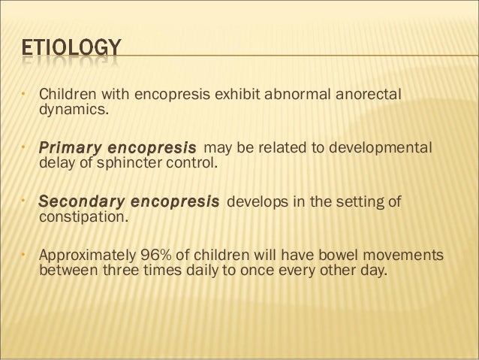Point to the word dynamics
point(73,112)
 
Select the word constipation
point(83,218)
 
